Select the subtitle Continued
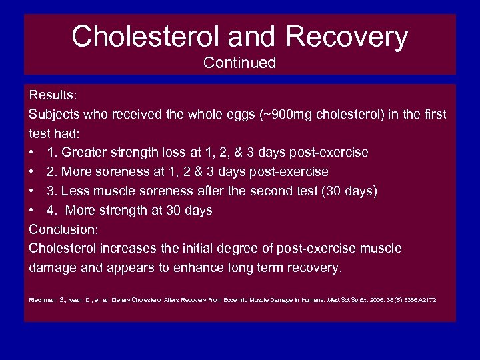(x=240, y=63)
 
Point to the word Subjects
(x=55, y=115)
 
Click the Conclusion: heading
(x=64, y=229)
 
